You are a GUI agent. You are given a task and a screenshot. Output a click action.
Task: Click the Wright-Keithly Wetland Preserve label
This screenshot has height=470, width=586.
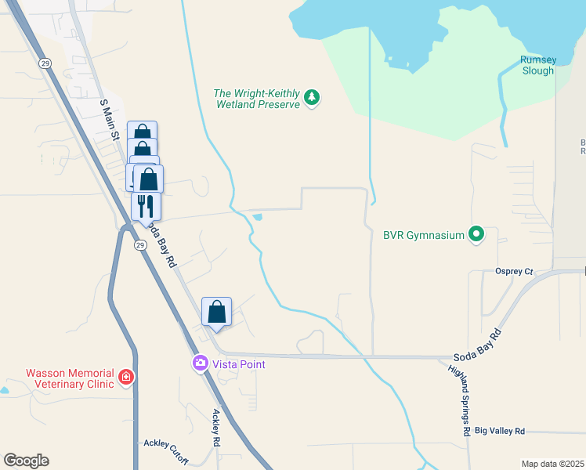tap(257, 99)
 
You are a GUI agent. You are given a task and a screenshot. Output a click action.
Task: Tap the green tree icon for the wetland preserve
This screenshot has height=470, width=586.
tap(313, 97)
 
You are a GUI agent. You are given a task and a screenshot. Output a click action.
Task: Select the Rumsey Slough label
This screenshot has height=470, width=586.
tap(537, 66)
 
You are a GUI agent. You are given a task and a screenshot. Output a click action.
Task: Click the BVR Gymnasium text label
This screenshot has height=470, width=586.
tap(424, 234)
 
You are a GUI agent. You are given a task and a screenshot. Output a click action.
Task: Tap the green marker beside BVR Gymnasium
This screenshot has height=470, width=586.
tap(476, 234)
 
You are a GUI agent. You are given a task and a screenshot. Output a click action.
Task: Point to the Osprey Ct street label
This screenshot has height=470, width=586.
tap(514, 272)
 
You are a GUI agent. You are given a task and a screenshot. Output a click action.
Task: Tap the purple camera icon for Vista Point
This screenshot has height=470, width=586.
tap(200, 363)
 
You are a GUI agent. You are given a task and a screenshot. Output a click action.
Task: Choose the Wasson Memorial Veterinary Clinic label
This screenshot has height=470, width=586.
tap(60, 379)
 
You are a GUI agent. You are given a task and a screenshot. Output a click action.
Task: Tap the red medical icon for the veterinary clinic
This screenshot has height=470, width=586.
tap(125, 379)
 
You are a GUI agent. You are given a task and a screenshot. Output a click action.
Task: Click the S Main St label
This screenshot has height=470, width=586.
tap(109, 120)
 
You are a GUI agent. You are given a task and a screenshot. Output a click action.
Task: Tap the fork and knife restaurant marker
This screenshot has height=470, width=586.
tap(145, 206)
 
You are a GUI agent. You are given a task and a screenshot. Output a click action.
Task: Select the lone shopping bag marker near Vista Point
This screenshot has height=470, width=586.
tap(217, 312)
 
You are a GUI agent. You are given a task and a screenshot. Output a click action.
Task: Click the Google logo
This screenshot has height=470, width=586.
tap(26, 461)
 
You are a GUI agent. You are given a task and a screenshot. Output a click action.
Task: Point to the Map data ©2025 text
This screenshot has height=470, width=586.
tap(553, 464)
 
